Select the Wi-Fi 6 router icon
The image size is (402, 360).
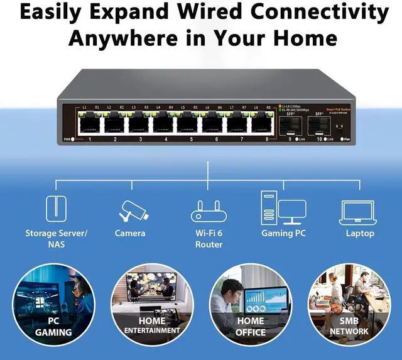coord(209,211)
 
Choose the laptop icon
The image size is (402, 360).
coord(357,212)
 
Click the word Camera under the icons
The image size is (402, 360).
coord(130,233)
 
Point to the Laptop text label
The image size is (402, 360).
coord(359,233)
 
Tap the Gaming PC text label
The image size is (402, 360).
coord(286,233)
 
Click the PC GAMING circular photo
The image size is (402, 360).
coord(54,304)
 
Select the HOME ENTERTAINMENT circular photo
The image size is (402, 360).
coord(152,304)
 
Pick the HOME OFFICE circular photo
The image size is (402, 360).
coord(250,304)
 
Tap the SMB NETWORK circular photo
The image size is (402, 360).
coord(349,304)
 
